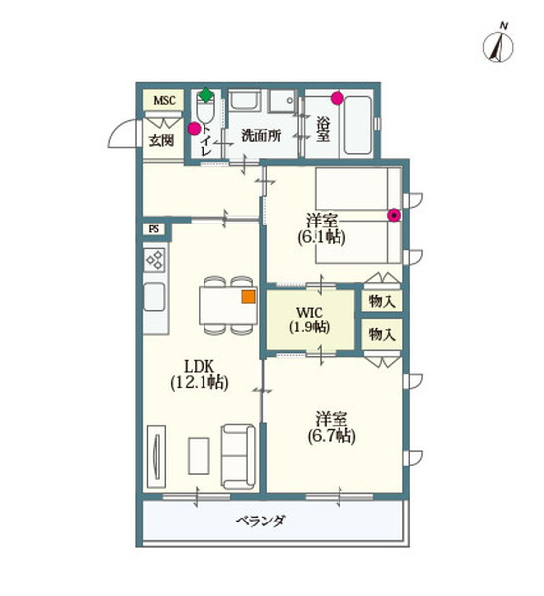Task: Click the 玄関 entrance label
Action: pyautogui.click(x=162, y=141)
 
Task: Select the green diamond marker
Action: pyautogui.click(x=205, y=96)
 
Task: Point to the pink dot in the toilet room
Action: pyautogui.click(x=194, y=128)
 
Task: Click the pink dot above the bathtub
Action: pyautogui.click(x=338, y=99)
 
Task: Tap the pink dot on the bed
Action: pyautogui.click(x=394, y=214)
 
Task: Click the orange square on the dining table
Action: pyautogui.click(x=248, y=295)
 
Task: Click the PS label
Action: pyautogui.click(x=154, y=229)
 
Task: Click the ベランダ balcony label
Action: pyautogui.click(x=261, y=520)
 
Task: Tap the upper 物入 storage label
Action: pyautogui.click(x=381, y=299)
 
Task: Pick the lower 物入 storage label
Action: pyautogui.click(x=381, y=334)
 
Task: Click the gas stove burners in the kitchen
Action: pyautogui.click(x=156, y=262)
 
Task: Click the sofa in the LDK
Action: pyautogui.click(x=238, y=453)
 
